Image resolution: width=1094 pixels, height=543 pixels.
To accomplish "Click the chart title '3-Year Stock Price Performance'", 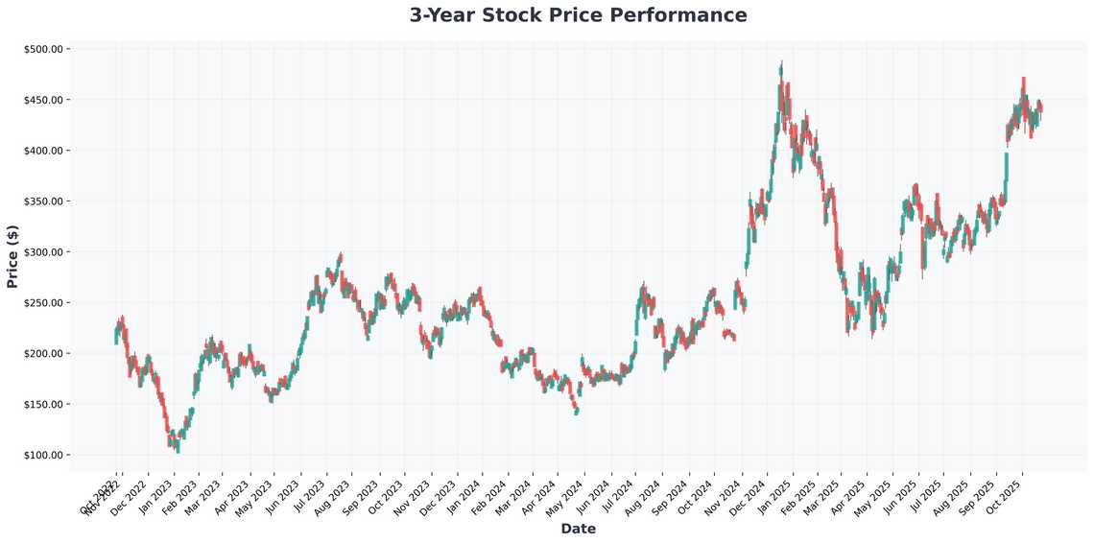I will coord(578,15).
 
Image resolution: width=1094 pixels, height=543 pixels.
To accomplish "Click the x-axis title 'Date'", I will coord(578,529).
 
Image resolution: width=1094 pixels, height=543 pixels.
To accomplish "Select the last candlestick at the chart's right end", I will coord(1041,107).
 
